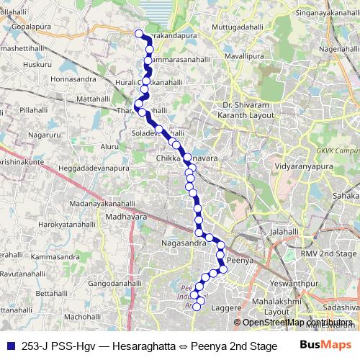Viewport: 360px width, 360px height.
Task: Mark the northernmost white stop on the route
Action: tap(139, 32)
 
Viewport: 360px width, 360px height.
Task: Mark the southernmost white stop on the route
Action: tap(197, 308)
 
